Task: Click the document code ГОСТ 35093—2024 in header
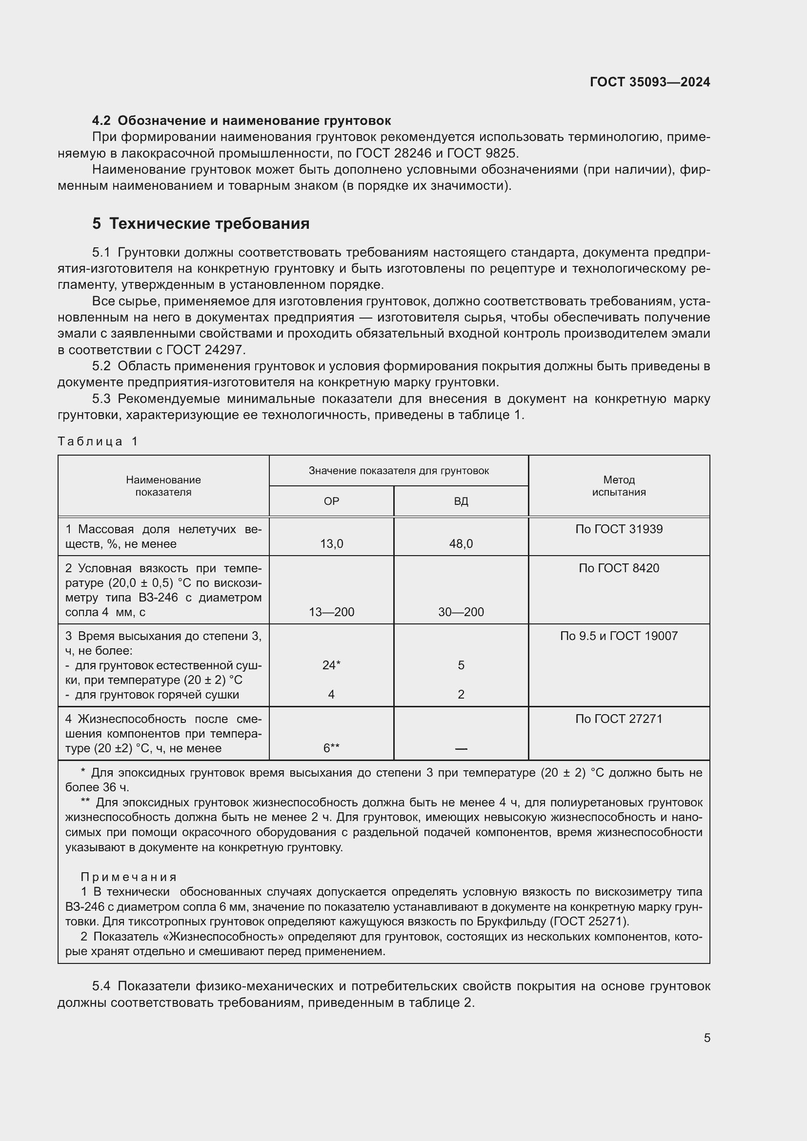tap(649, 82)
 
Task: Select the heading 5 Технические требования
tap(201, 223)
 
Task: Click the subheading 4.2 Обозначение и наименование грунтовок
tap(242, 120)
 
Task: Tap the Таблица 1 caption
tap(98, 441)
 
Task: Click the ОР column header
tap(331, 501)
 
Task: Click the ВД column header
tap(461, 501)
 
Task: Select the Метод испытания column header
tap(619, 486)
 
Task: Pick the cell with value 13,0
tap(331, 543)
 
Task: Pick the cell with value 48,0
tap(461, 543)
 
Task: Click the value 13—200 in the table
tap(331, 612)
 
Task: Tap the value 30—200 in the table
tap(461, 612)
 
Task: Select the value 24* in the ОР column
tap(331, 665)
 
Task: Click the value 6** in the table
tap(331, 748)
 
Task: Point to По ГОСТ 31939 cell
tap(619, 529)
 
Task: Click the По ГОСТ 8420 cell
tap(619, 568)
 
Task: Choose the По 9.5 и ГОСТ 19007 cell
tap(619, 636)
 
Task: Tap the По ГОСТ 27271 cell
tap(619, 719)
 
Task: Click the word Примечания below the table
tap(129, 877)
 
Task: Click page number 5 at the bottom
tap(706, 1038)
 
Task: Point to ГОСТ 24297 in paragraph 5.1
tap(205, 350)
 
